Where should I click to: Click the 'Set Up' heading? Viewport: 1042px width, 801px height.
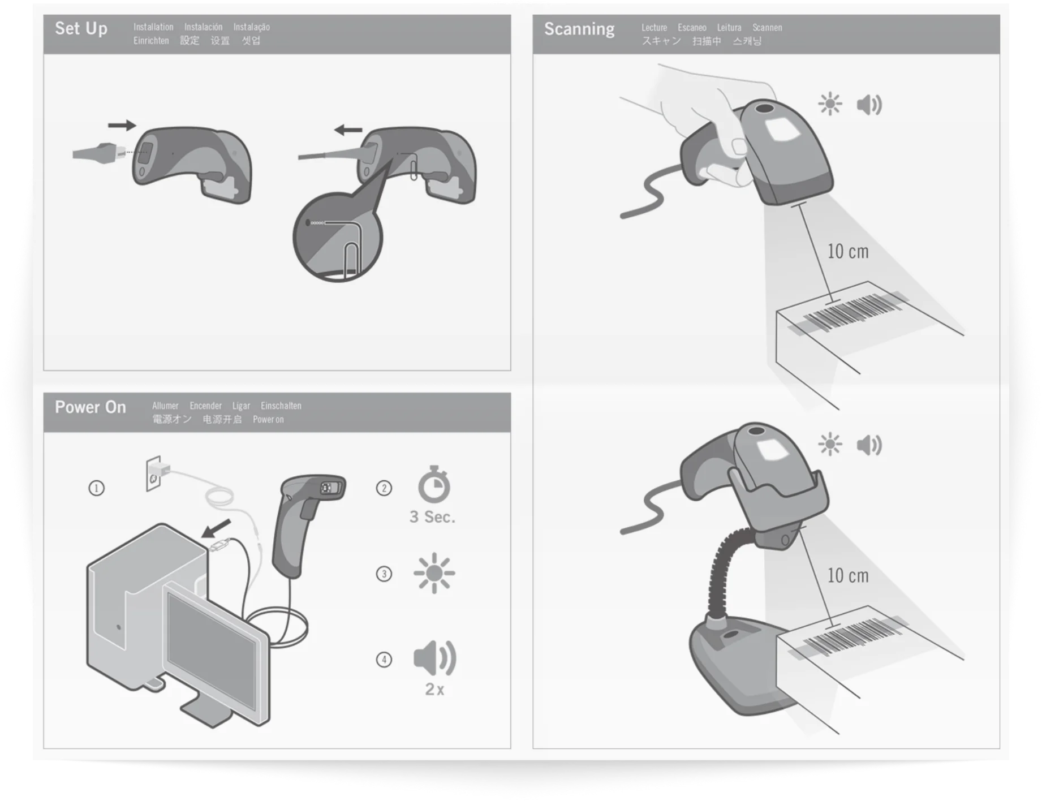[81, 28]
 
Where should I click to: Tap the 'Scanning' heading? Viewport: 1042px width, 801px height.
[579, 29]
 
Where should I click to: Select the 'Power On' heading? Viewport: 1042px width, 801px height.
[91, 407]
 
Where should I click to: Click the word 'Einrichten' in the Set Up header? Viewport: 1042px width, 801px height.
[151, 41]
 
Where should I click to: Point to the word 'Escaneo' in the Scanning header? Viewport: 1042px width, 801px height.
[692, 28]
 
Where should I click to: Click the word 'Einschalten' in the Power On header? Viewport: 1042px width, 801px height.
[281, 406]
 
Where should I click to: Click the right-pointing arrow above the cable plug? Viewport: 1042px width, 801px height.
[122, 125]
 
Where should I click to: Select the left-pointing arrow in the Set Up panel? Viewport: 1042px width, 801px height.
[348, 130]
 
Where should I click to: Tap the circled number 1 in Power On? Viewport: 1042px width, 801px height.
[97, 488]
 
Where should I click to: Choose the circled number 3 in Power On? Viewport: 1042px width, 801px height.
[384, 574]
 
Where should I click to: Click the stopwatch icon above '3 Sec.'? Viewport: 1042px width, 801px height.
[434, 484]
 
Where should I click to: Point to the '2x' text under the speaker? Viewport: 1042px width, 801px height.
[434, 689]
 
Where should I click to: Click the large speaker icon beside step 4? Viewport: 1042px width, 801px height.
[434, 658]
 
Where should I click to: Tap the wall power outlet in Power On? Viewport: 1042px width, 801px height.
[153, 473]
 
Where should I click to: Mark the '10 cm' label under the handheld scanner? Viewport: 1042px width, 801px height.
[848, 251]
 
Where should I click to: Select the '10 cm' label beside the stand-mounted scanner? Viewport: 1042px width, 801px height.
[848, 575]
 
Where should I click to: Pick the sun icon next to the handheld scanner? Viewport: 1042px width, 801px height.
[830, 104]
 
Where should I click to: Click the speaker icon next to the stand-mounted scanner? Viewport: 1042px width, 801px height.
[869, 445]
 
